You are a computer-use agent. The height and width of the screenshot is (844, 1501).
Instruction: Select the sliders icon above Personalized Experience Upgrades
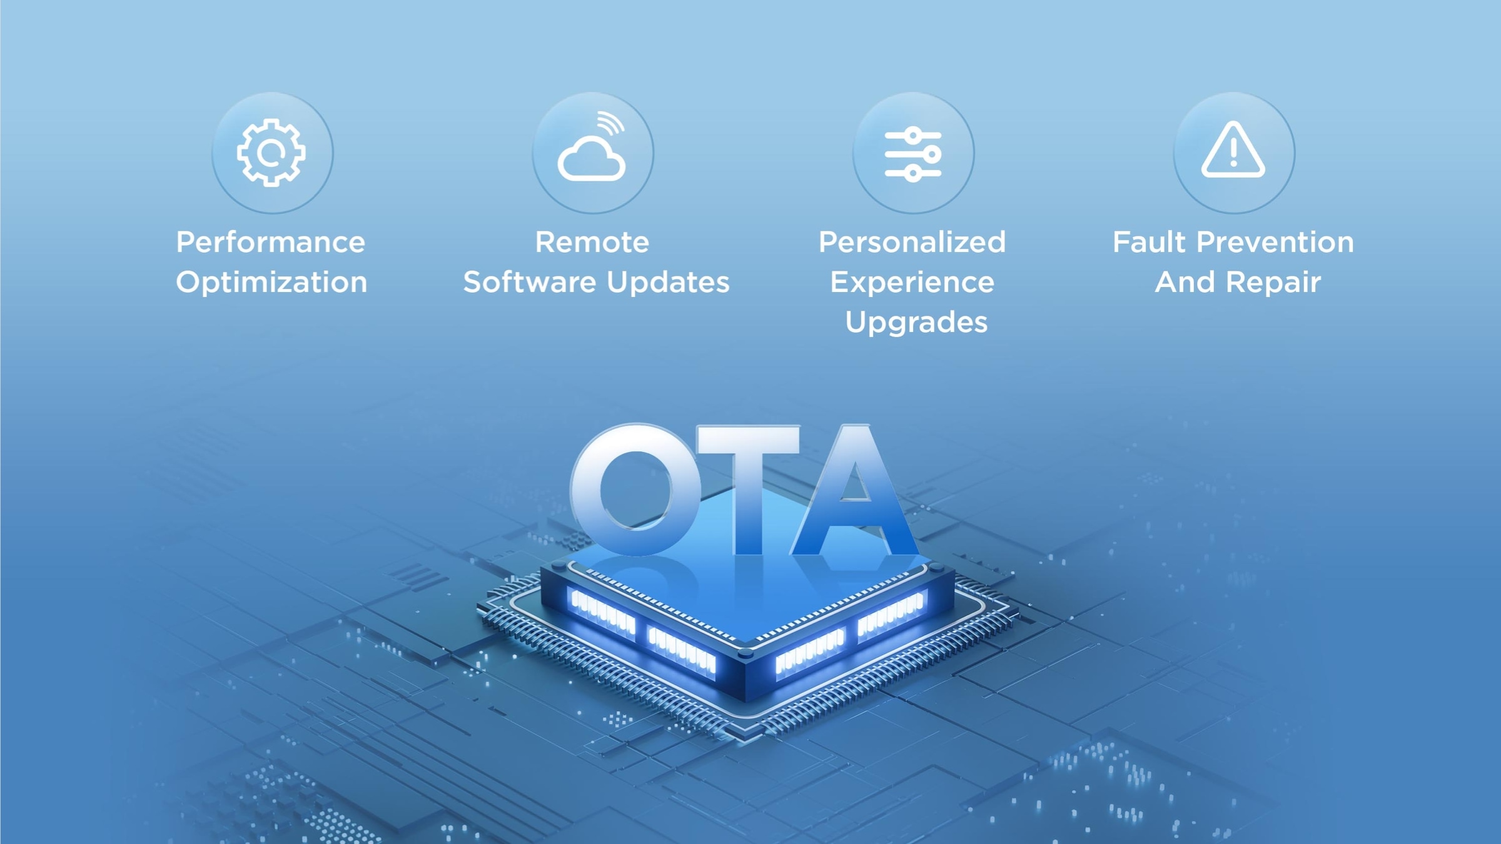[912, 154]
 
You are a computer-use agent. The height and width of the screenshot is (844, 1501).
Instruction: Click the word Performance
[270, 243]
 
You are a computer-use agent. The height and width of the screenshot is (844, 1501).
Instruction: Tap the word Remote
[592, 243]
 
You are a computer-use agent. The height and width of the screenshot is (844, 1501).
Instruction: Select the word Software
[530, 282]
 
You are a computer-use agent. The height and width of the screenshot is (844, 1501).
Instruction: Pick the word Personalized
[912, 243]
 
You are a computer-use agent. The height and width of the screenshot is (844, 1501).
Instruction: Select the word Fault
[1149, 243]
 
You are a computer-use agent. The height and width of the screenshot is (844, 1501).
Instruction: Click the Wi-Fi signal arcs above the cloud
[610, 123]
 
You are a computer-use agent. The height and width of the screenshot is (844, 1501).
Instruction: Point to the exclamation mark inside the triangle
[1233, 152]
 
